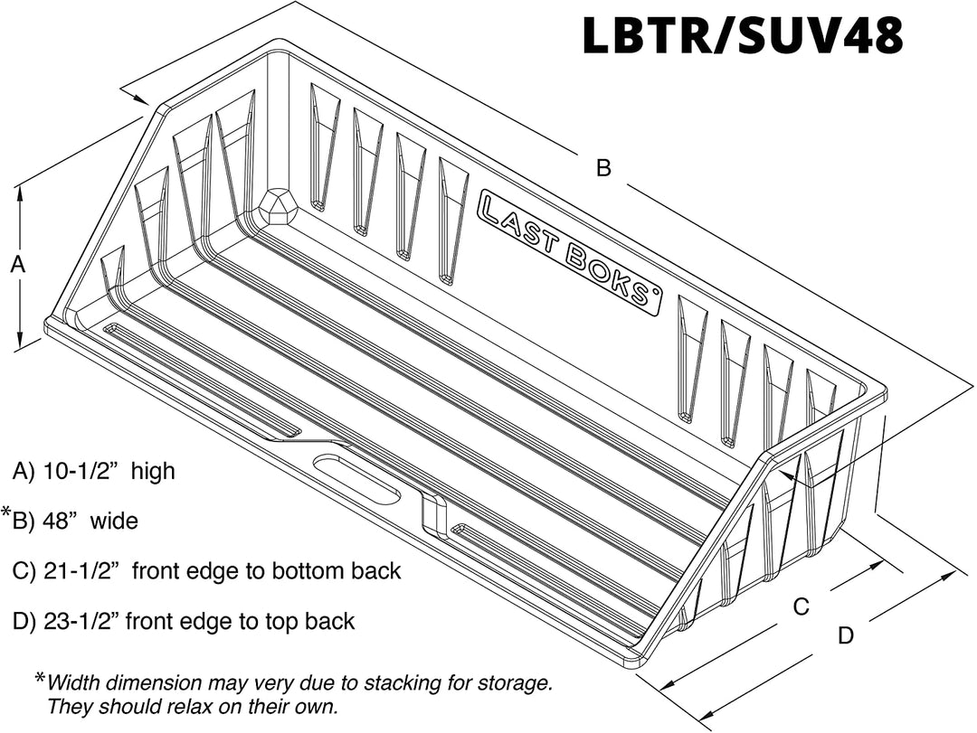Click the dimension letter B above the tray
click(603, 167)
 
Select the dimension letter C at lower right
click(801, 607)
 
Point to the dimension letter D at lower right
click(845, 635)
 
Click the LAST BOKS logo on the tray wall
click(568, 250)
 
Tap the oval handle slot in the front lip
click(356, 479)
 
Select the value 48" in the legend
click(61, 522)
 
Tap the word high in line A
click(153, 472)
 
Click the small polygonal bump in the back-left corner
click(278, 206)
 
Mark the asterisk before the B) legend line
click(6, 515)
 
